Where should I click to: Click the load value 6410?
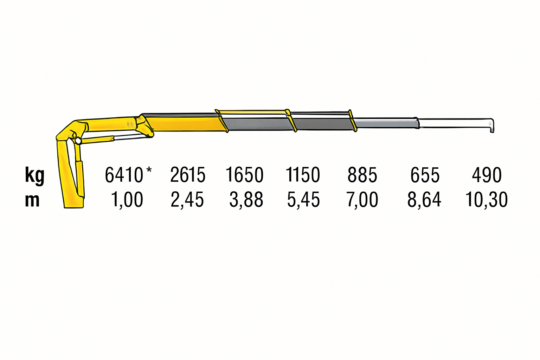[x=124, y=175]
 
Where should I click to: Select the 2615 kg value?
[x=188, y=175]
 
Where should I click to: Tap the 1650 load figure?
[x=244, y=175]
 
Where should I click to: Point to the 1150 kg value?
[x=303, y=175]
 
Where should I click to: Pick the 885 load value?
[x=362, y=175]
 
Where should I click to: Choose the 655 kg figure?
[x=425, y=175]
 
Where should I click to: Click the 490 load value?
[x=487, y=175]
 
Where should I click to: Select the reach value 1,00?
[x=127, y=200]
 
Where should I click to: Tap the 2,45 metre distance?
[x=187, y=200]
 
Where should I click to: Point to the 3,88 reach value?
[x=246, y=200]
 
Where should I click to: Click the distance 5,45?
[x=303, y=200]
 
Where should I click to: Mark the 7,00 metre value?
[x=362, y=200]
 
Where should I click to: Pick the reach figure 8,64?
[x=424, y=200]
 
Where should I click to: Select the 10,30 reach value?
[x=487, y=200]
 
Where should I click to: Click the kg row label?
[x=34, y=175]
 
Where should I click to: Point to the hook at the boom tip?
[x=491, y=126]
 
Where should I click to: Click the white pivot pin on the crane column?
[x=78, y=141]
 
